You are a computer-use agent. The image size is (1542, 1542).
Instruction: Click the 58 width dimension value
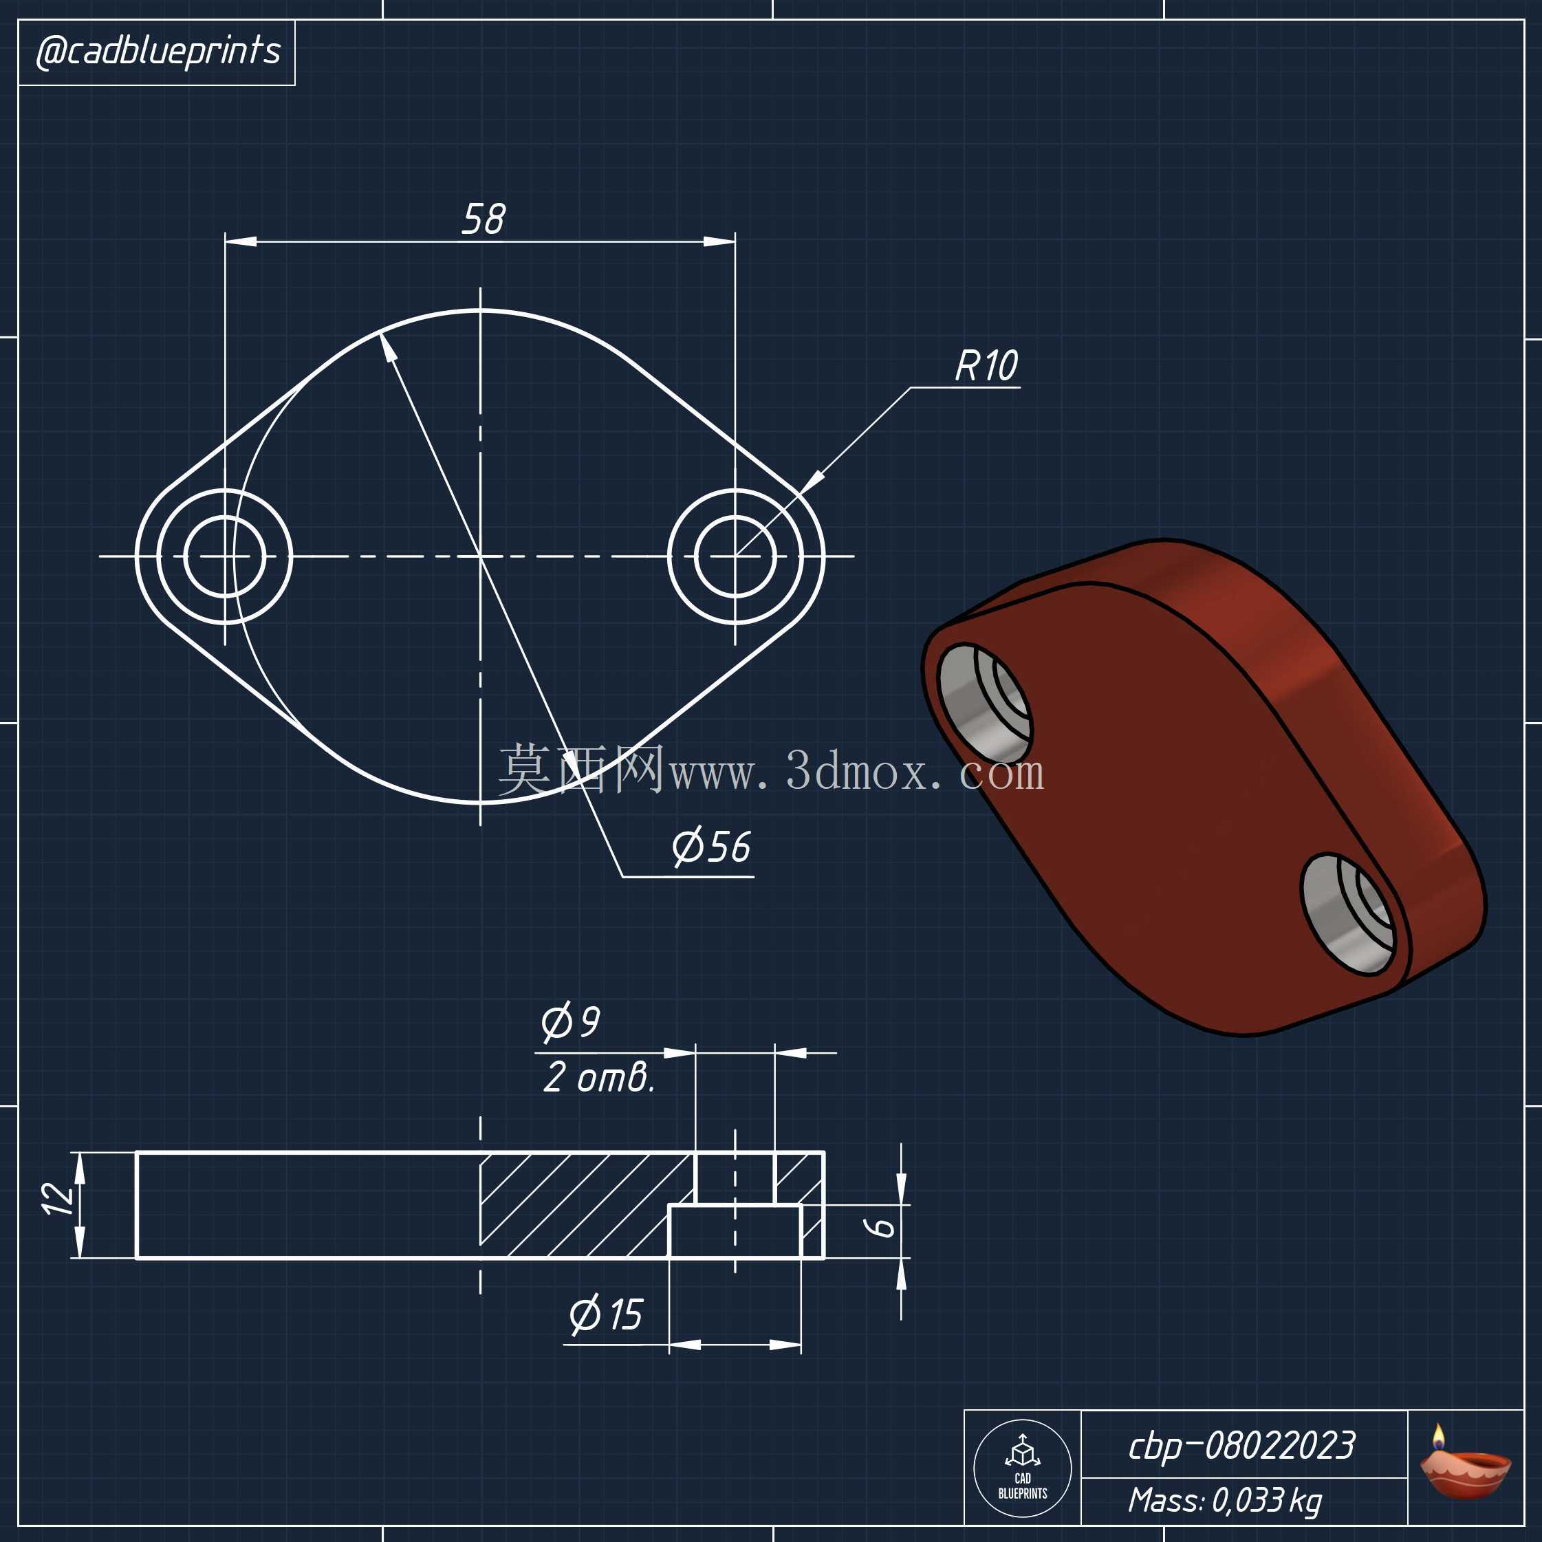point(484,219)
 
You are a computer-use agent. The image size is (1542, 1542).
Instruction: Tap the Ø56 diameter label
point(711,847)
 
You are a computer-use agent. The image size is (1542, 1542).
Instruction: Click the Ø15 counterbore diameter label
point(606,1314)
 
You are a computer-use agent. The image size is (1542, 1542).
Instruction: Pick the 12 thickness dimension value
point(58,1199)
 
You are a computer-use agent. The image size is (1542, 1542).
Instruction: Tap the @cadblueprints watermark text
point(158,52)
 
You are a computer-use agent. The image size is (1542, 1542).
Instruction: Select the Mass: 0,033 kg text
point(1225,1501)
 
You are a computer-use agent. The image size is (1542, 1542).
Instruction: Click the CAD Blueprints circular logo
point(1023,1468)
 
